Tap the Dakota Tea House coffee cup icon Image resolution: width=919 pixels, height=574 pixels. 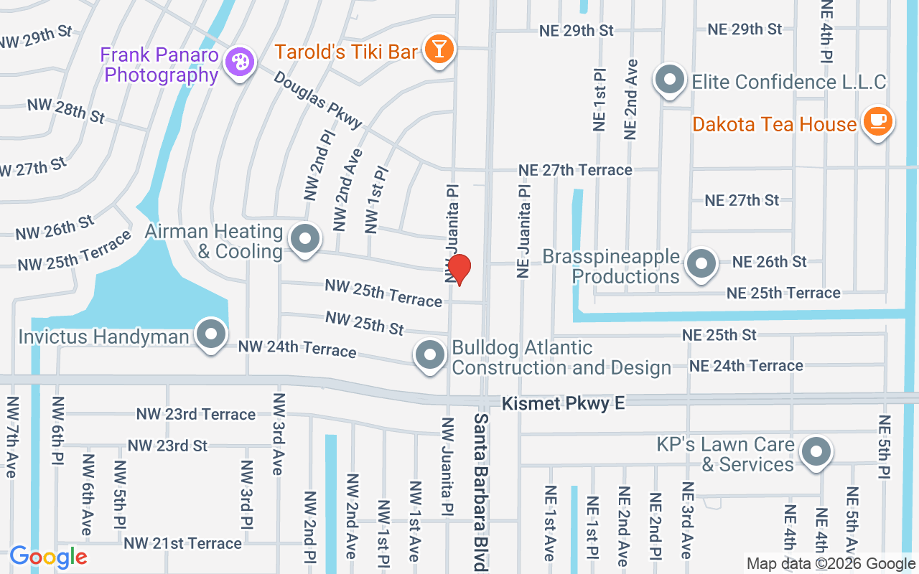877,121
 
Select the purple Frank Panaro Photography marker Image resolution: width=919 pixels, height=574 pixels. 238,62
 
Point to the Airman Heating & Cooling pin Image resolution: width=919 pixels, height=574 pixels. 304,239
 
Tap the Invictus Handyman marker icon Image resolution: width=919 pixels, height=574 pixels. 211,334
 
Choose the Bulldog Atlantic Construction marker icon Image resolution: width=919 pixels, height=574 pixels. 430,355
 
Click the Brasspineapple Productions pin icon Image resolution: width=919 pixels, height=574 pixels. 700,263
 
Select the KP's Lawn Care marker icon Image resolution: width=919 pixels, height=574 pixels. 815,452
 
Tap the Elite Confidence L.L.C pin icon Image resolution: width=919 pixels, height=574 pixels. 670,80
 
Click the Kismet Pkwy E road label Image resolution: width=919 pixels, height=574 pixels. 563,404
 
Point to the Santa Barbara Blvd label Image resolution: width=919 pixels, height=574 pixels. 480,491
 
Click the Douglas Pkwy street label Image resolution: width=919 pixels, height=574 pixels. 318,100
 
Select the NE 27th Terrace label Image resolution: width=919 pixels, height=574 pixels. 576,170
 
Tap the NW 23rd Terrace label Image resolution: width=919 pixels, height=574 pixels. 196,414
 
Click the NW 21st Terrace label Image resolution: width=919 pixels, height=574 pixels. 182,543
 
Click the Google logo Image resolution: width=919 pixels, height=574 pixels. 48,557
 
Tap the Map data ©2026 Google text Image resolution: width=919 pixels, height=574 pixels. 831,564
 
